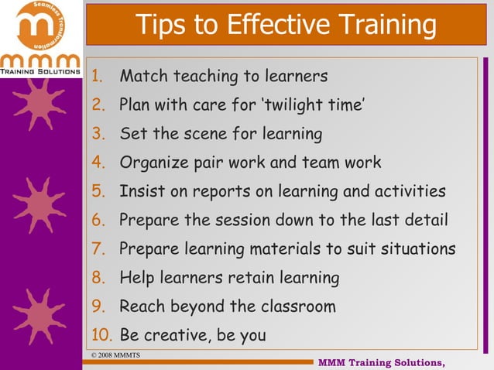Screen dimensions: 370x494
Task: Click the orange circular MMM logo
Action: (39, 26)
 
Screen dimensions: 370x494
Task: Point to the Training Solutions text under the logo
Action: (40, 70)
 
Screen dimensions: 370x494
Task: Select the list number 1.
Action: (98, 77)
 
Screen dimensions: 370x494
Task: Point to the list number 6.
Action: (98, 220)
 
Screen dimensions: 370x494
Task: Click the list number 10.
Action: (101, 335)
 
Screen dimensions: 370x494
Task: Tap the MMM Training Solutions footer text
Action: (382, 362)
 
